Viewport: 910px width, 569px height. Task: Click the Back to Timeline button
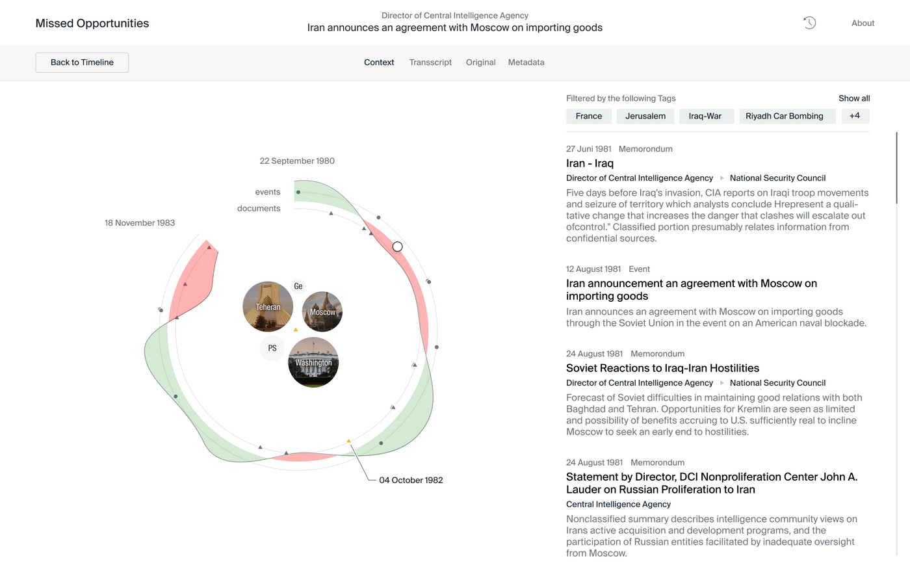click(82, 62)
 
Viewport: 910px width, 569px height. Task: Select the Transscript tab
click(430, 62)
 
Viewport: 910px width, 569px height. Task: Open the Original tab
click(480, 62)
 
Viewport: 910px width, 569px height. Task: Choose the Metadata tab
click(526, 62)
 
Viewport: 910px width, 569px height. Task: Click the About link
click(863, 23)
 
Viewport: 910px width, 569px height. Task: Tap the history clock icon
click(809, 23)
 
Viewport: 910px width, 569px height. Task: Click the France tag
click(588, 116)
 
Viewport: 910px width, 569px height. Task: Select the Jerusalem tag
click(645, 116)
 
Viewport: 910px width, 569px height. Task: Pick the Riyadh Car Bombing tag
click(784, 116)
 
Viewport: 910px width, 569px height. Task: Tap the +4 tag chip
click(855, 116)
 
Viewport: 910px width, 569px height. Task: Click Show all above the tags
click(853, 98)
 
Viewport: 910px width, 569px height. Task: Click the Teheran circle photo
click(268, 307)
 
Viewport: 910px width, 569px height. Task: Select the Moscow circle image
click(322, 312)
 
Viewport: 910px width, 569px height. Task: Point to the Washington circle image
click(313, 362)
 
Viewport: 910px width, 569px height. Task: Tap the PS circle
click(272, 349)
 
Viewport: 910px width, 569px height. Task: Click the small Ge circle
click(298, 286)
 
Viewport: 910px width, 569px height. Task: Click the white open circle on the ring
click(398, 246)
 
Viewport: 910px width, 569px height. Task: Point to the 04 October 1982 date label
click(411, 481)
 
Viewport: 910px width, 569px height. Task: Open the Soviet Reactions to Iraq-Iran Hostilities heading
click(662, 368)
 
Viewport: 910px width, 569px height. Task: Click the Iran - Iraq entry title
click(590, 163)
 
